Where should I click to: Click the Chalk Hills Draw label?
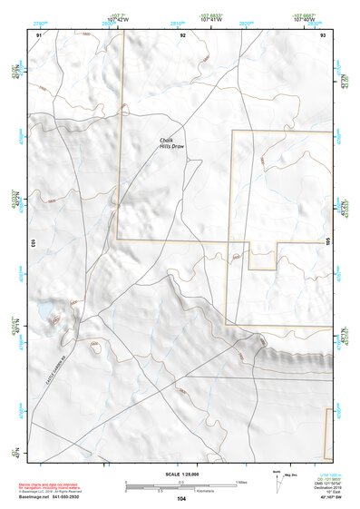171,142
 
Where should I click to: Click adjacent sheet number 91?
39,34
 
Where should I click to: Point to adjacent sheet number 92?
182,34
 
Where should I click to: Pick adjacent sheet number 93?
324,34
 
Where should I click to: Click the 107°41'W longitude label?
211,18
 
